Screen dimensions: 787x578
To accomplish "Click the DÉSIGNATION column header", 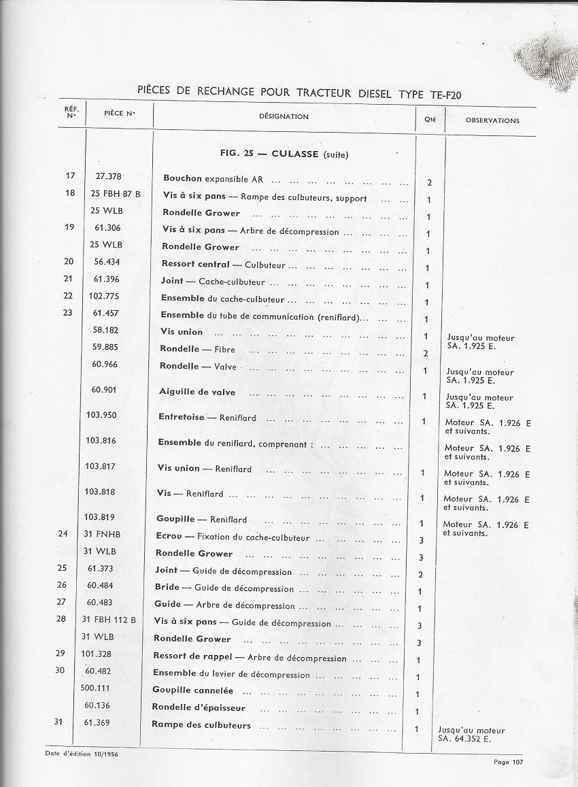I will (284, 116).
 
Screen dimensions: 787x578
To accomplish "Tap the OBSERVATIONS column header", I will (492, 120).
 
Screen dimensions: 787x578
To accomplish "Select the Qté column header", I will (430, 119).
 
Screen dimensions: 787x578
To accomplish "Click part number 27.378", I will (108, 176).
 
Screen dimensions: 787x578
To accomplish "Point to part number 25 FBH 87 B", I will (116, 194).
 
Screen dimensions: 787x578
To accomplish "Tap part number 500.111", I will (96, 688).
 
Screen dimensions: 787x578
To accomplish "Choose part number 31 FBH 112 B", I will (109, 620).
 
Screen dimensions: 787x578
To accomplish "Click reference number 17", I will (70, 176).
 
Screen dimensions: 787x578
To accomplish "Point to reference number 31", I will (58, 722).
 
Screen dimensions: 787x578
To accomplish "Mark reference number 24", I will (63, 534).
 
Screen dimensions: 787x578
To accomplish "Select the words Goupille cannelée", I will (193, 690).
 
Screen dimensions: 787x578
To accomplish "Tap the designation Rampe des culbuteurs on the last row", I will (201, 725).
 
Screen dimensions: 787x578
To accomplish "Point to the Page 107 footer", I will (509, 762).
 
